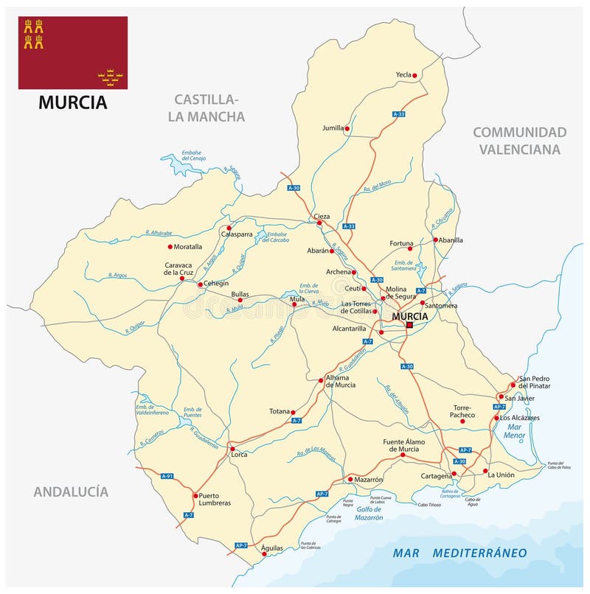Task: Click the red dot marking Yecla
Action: click(415, 75)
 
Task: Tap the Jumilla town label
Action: click(333, 127)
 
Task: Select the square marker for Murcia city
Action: click(410, 324)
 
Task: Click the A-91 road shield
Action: click(167, 477)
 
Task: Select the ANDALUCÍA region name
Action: click(71, 492)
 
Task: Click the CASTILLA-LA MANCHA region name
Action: click(209, 108)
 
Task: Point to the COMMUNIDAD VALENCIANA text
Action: click(519, 141)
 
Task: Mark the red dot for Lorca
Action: click(232, 448)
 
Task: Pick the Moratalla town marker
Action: click(170, 247)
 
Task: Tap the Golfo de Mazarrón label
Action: click(361, 514)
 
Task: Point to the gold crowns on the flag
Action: click(110, 74)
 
